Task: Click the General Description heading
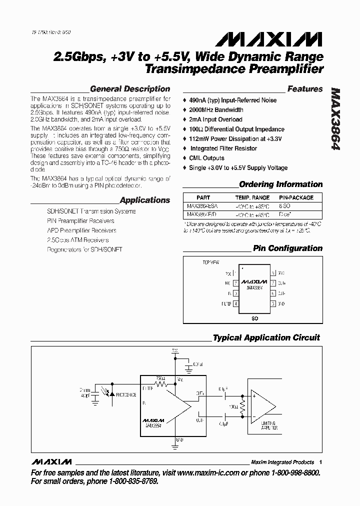[x=130, y=89]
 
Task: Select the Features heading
[x=305, y=89]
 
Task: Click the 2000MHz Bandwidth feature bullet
[x=216, y=109]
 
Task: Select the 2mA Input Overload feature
[x=215, y=119]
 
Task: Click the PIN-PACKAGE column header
[x=296, y=197]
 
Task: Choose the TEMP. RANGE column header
[x=252, y=197]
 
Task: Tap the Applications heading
[x=145, y=200]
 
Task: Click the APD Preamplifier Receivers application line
[x=81, y=230]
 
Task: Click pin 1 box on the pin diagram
[x=235, y=274]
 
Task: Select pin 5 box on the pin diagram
[x=273, y=303]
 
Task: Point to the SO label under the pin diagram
[x=254, y=318]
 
